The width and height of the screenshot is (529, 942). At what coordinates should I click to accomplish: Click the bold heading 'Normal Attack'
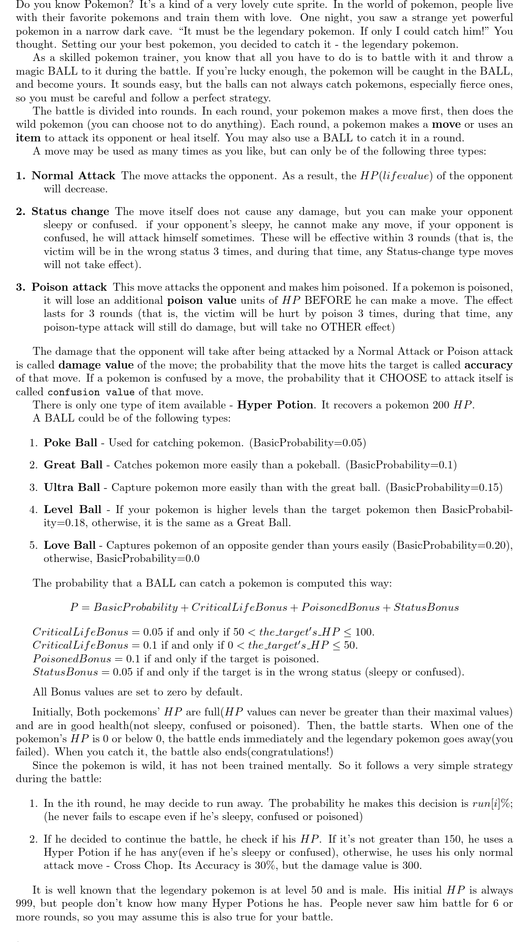coord(73,176)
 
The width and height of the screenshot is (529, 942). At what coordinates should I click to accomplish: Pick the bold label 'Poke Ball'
coord(70,443)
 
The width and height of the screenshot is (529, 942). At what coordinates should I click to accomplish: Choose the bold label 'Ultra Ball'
coord(72,487)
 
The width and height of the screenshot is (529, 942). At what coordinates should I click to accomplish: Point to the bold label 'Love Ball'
coord(69,545)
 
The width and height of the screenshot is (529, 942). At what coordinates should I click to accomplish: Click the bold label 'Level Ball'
coord(72,509)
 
